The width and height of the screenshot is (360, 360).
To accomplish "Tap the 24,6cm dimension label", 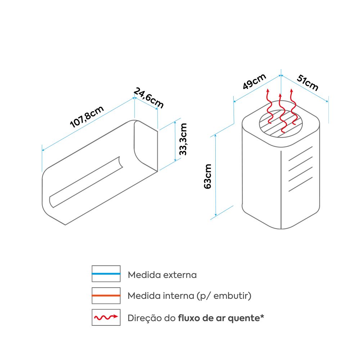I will click(x=149, y=98).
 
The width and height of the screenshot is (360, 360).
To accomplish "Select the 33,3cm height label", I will click(x=183, y=139).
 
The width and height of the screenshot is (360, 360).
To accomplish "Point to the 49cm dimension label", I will click(x=254, y=82).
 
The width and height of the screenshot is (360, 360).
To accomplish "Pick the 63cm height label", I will click(x=208, y=176).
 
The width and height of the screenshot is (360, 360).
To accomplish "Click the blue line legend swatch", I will click(x=106, y=274).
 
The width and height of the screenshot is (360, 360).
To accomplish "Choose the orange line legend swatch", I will click(x=106, y=296).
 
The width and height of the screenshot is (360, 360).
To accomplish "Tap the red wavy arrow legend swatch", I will click(x=106, y=317).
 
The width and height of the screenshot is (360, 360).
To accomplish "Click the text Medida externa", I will click(x=162, y=275).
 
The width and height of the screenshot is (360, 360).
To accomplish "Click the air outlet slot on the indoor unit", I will click(x=86, y=182).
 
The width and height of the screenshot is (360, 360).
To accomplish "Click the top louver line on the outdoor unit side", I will click(x=300, y=153).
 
